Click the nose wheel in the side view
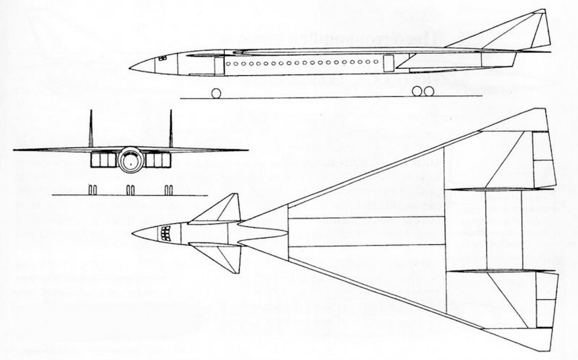[216, 92]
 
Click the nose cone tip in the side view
[131, 66]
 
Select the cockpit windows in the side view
[162, 58]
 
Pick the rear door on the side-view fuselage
[389, 62]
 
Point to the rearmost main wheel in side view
[429, 91]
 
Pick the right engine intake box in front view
[158, 160]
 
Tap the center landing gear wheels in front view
[129, 190]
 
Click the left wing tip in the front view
[15, 149]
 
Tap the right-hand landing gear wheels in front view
[169, 190]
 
